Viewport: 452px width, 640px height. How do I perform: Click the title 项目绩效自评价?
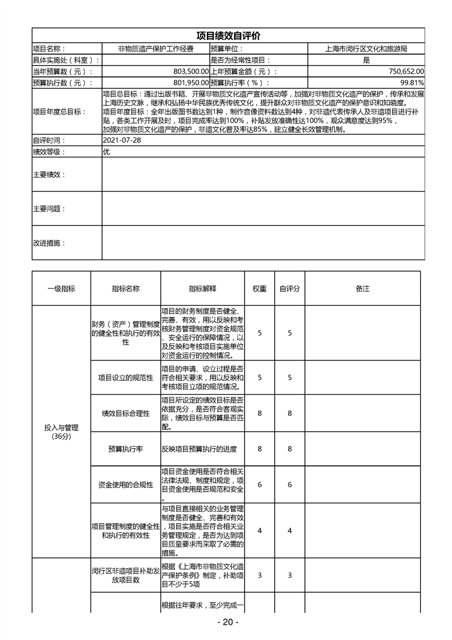228,35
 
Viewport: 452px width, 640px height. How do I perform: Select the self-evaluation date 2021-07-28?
121,140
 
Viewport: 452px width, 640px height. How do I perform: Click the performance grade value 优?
106,152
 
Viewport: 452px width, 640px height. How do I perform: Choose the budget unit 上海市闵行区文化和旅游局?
366,49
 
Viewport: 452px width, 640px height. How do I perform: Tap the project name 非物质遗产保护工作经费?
156,49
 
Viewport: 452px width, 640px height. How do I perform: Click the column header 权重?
259,289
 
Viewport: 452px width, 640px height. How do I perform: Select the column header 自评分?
290,289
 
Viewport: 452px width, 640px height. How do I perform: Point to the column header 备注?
363,289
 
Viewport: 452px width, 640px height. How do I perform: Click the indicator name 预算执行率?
125,449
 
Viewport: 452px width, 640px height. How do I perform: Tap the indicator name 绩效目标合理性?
125,413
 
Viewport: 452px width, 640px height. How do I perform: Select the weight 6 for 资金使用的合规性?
259,485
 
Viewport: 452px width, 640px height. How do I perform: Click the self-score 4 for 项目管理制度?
290,530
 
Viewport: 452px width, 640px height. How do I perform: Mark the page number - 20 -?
227,622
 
